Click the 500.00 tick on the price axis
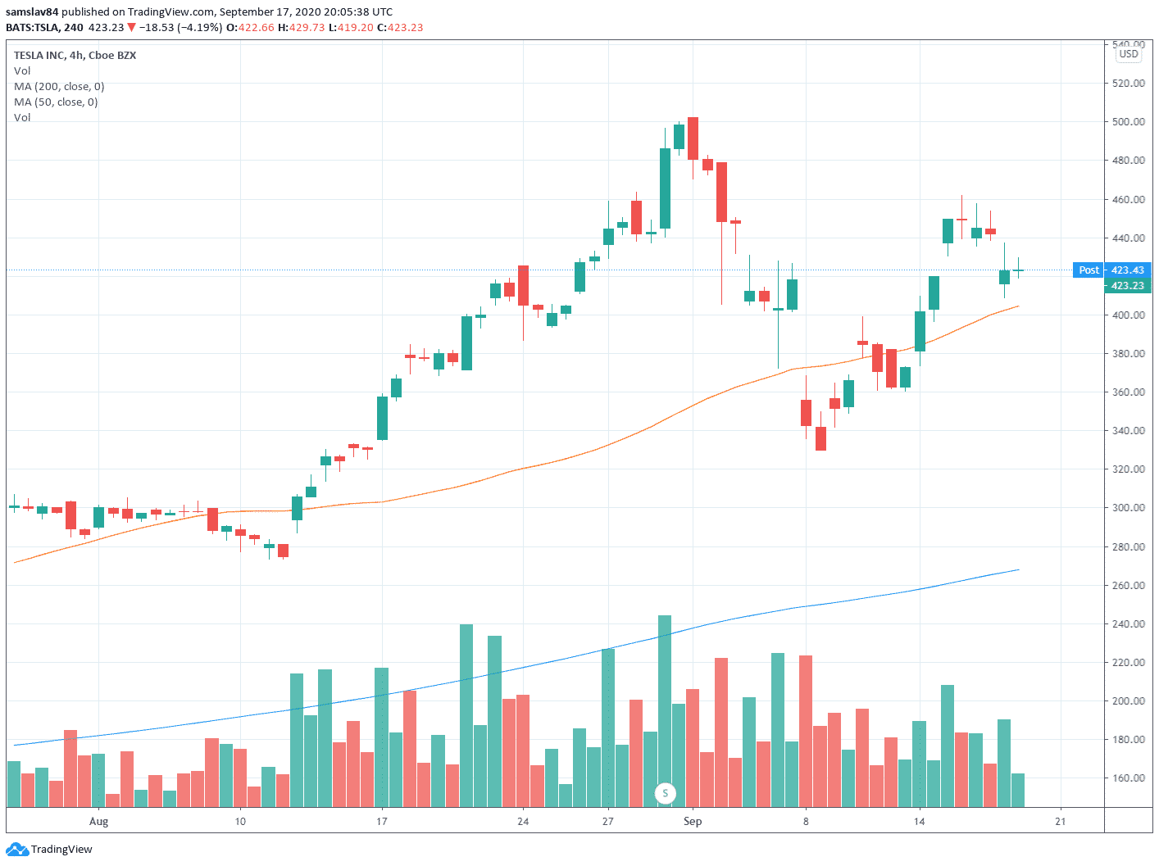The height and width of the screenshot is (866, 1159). click(1128, 122)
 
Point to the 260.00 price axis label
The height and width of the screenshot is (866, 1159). click(1128, 586)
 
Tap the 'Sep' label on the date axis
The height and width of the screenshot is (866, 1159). click(693, 822)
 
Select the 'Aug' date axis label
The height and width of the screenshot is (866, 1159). click(98, 822)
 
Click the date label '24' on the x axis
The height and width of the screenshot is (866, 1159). click(523, 822)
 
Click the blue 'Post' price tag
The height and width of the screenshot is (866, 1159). click(1089, 270)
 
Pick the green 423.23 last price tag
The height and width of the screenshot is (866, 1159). click(1127, 286)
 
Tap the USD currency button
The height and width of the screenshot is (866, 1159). click(1129, 54)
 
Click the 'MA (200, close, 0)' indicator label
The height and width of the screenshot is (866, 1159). click(59, 87)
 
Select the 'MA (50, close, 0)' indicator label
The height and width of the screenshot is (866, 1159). click(56, 102)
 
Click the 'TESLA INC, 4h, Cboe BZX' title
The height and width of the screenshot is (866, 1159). click(75, 56)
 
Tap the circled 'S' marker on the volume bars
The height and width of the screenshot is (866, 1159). click(666, 793)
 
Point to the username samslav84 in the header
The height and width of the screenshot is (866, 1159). click(32, 12)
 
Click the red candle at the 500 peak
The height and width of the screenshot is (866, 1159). click(693, 138)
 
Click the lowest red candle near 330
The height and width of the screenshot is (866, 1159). click(820, 438)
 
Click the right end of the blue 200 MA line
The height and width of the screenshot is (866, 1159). click(1017, 569)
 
